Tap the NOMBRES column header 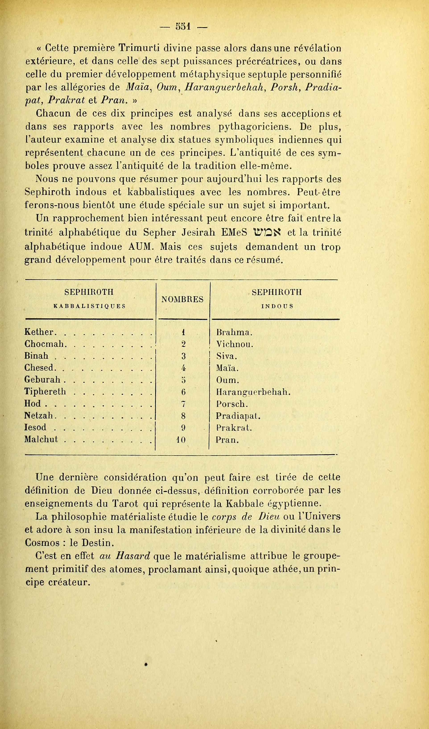point(182,299)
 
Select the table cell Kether point(39,332)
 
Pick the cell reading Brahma point(234,332)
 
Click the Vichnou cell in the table point(235,344)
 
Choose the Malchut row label point(41,440)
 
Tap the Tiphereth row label point(45,392)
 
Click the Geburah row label point(43,380)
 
